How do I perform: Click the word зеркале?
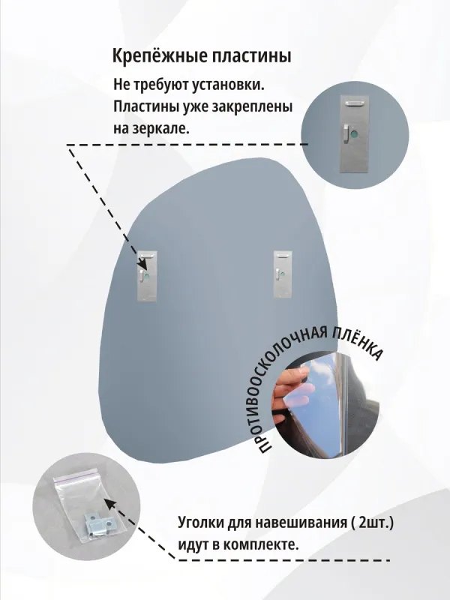pyautogui.click(x=162, y=128)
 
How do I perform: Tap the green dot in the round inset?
pyautogui.click(x=367, y=135)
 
